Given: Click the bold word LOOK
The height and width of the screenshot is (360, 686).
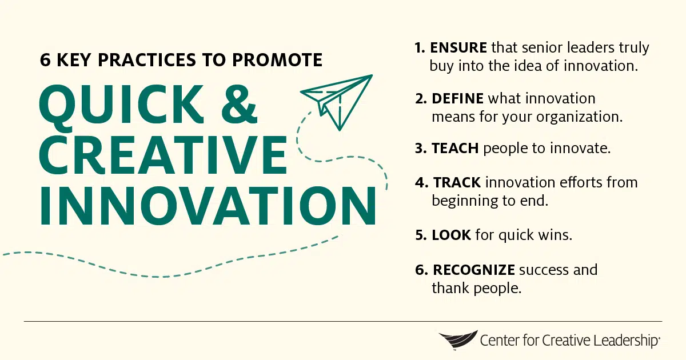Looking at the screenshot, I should coord(451,235).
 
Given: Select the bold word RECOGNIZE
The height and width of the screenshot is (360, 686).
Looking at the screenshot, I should coord(474,269).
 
